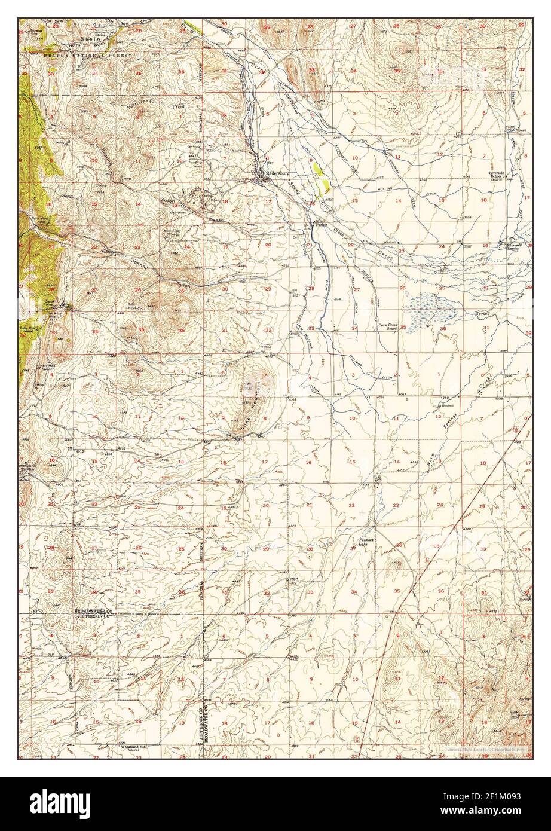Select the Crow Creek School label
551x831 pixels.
point(388,326)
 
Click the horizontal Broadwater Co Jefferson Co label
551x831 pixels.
point(94,613)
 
